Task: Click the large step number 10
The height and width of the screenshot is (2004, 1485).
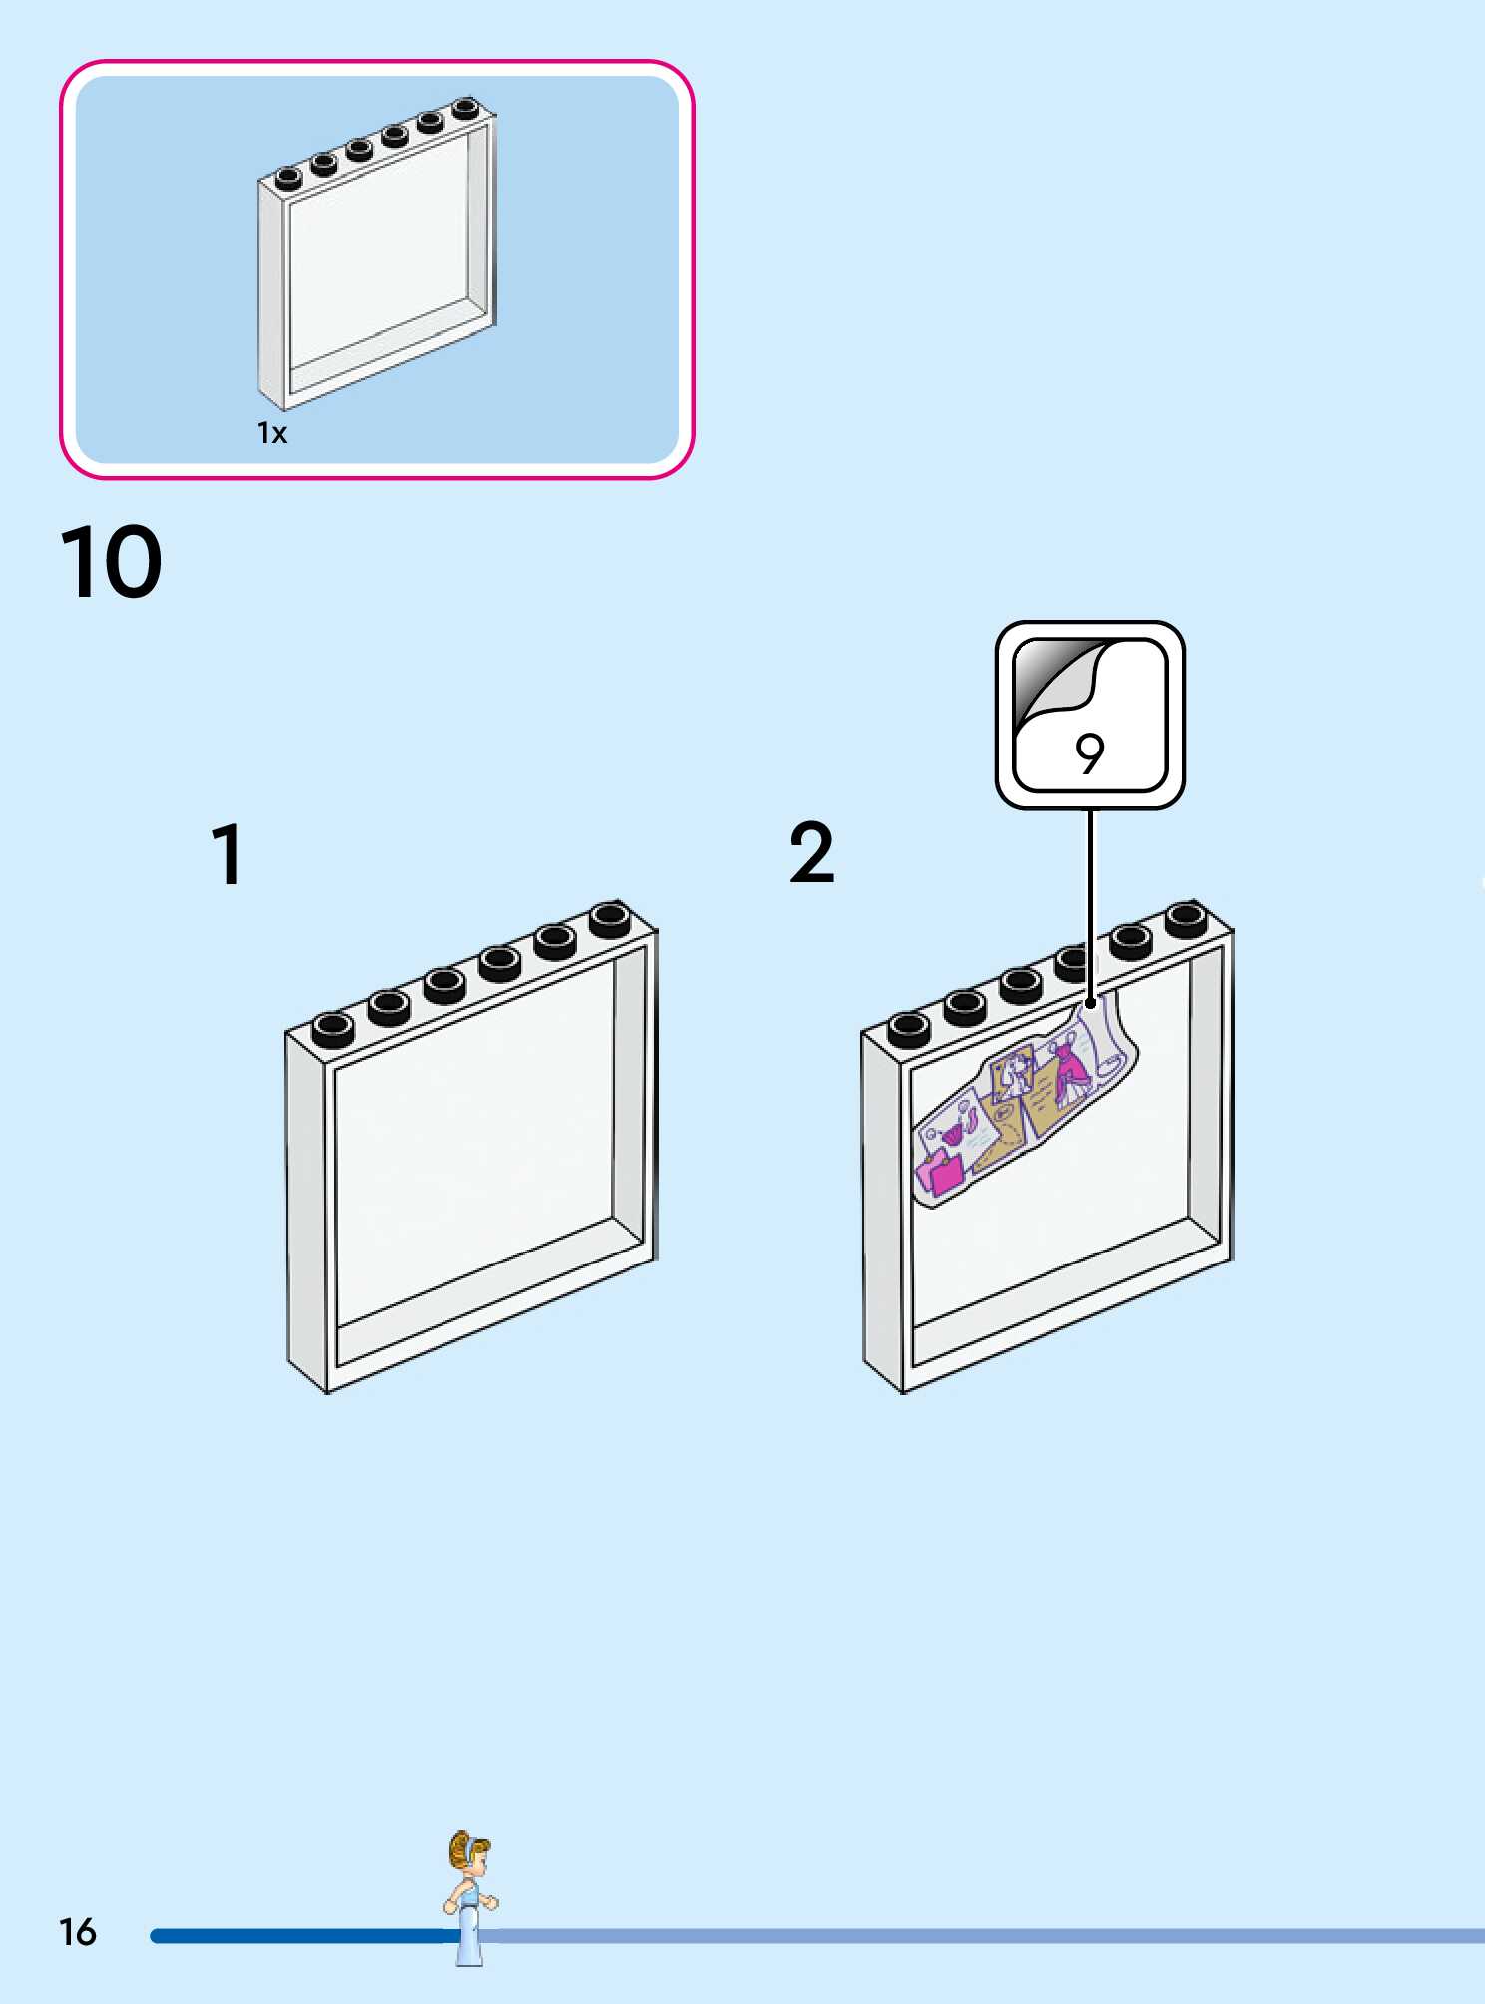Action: point(111,563)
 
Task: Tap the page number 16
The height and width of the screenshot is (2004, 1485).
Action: point(78,1933)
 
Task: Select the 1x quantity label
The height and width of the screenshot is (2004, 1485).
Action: point(272,433)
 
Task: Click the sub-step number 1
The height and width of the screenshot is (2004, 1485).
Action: point(228,855)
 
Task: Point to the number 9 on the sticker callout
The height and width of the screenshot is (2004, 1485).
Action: point(1090,753)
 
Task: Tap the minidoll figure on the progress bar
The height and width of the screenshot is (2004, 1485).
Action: point(469,1896)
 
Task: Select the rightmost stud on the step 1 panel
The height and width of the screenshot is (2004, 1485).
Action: point(610,918)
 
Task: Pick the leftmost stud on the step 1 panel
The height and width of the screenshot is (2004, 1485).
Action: point(332,1028)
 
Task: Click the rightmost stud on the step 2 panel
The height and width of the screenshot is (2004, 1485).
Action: point(1186,918)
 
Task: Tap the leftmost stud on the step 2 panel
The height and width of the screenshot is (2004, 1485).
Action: point(908,1028)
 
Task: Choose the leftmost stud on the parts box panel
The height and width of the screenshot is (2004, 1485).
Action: point(288,178)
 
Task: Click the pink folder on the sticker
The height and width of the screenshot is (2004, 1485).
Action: point(940,1170)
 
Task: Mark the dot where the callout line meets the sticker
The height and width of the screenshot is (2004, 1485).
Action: point(1090,1004)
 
